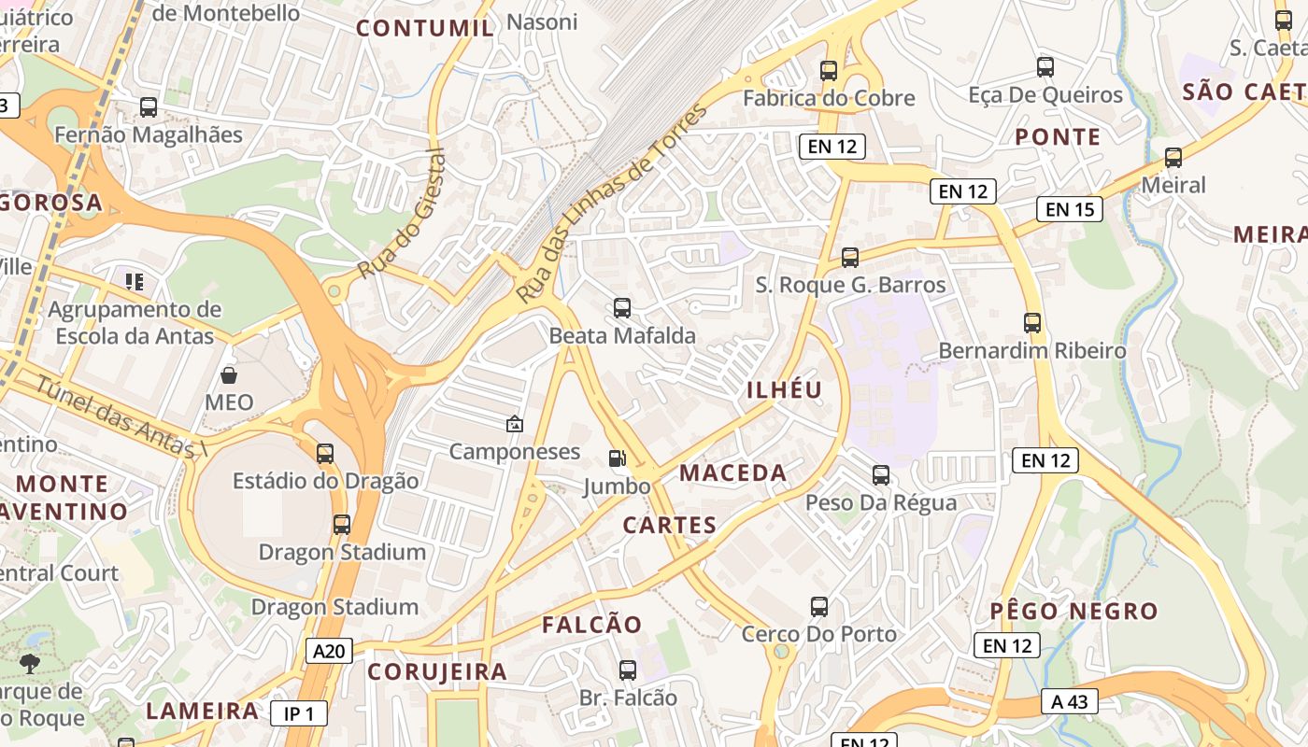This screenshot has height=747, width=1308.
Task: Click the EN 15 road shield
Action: (x=1070, y=209)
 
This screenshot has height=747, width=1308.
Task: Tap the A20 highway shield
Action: (x=329, y=651)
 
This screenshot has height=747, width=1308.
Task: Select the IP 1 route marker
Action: (x=299, y=714)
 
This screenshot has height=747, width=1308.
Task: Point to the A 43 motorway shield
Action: (x=1069, y=701)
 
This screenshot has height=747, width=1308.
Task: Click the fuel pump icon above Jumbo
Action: (x=617, y=458)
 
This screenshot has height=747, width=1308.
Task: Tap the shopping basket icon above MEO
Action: (x=229, y=375)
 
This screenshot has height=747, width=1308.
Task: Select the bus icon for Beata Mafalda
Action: (x=622, y=307)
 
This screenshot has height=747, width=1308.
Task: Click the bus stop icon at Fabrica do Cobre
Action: (x=829, y=70)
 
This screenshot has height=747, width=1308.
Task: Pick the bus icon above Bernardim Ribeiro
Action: (x=1032, y=323)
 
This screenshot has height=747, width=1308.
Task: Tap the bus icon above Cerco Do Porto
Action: (x=819, y=606)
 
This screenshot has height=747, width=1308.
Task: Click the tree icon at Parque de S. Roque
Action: (x=30, y=664)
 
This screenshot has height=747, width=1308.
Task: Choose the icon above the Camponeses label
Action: (x=514, y=424)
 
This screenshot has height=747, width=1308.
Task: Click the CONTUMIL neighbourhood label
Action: (x=425, y=28)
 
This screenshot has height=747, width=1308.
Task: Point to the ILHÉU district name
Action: (x=784, y=390)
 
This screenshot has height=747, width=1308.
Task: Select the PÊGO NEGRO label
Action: (x=1073, y=612)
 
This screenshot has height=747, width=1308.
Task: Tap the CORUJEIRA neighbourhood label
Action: (x=437, y=671)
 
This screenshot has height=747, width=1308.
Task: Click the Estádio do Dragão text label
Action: (x=325, y=482)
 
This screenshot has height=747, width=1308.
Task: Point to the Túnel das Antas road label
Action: (x=120, y=416)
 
